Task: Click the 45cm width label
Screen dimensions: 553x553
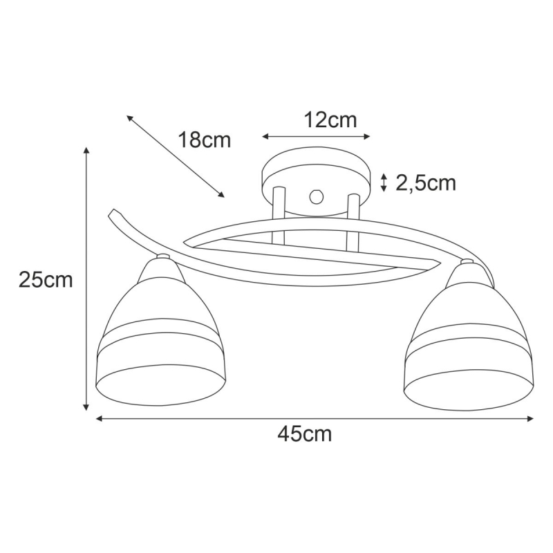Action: (x=305, y=434)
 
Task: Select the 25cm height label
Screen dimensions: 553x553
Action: (x=46, y=280)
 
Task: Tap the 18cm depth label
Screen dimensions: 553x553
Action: (x=205, y=140)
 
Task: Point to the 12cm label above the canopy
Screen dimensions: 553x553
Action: (x=330, y=120)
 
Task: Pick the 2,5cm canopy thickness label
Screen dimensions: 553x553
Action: (x=426, y=182)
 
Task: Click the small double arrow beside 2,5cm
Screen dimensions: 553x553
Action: (x=384, y=182)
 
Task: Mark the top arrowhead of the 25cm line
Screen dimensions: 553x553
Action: (x=86, y=150)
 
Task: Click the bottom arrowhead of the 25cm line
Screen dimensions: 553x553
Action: (x=86, y=407)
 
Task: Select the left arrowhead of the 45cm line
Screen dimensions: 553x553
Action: (x=100, y=419)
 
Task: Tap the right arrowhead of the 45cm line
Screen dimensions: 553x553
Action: (x=529, y=419)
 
